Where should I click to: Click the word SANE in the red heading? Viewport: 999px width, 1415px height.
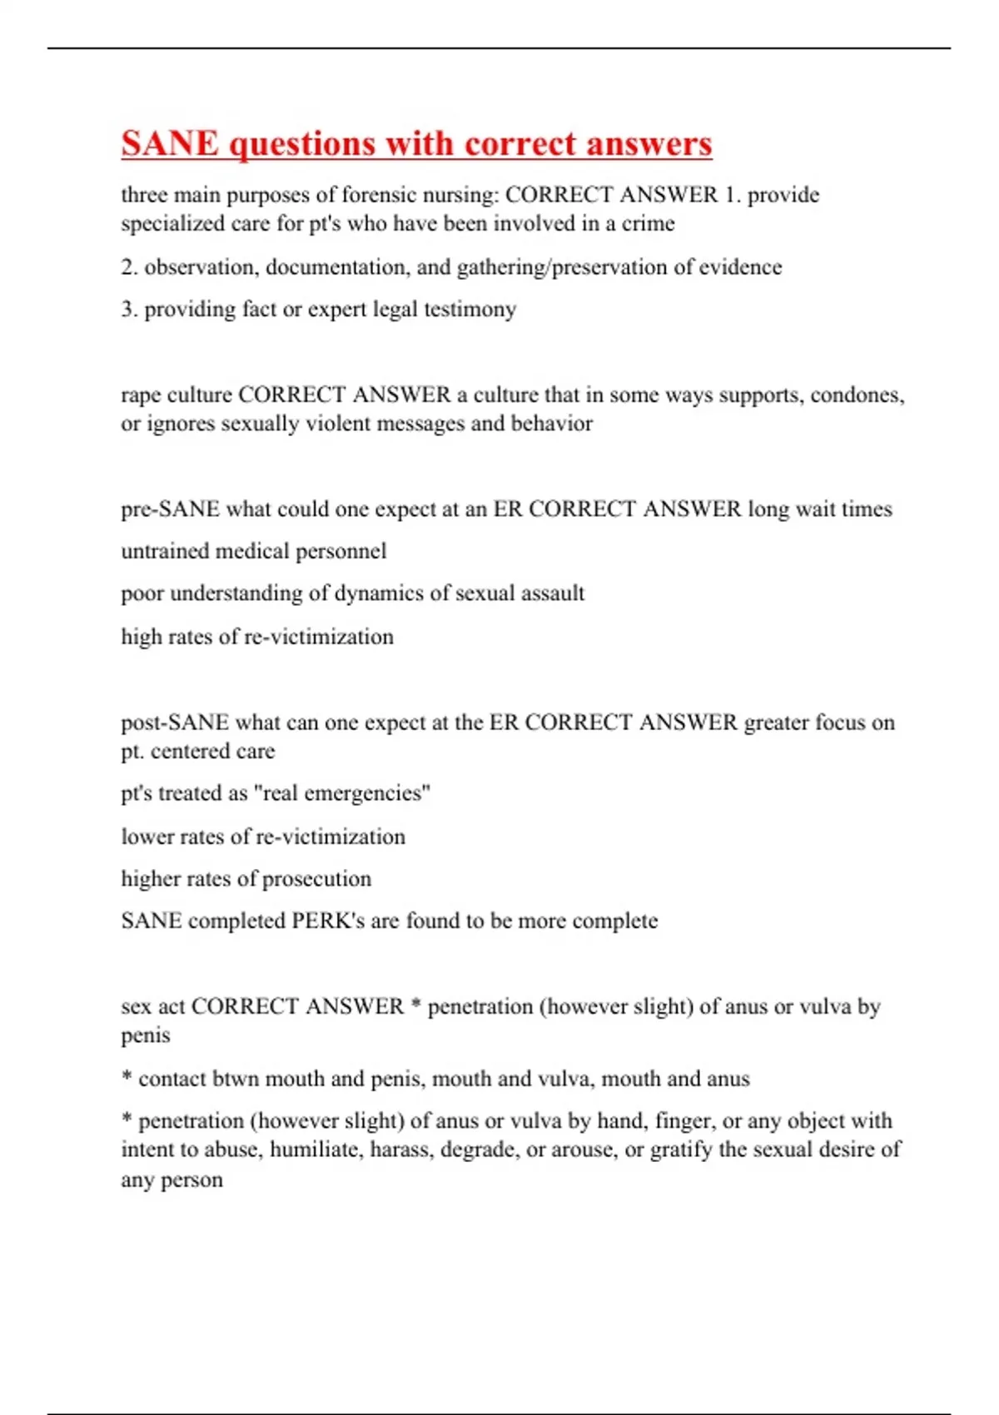click(170, 143)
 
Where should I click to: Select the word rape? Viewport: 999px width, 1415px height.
click(141, 395)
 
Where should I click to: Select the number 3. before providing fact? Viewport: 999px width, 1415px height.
click(129, 310)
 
